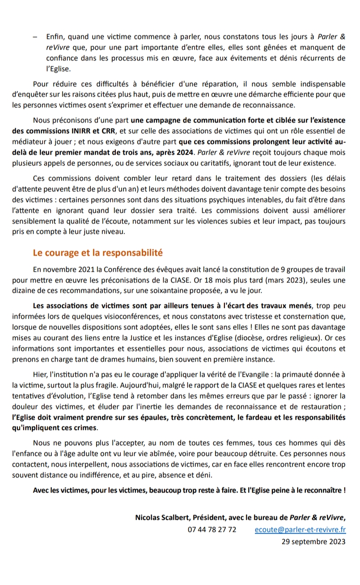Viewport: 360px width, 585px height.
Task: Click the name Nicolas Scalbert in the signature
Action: click(x=161, y=518)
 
